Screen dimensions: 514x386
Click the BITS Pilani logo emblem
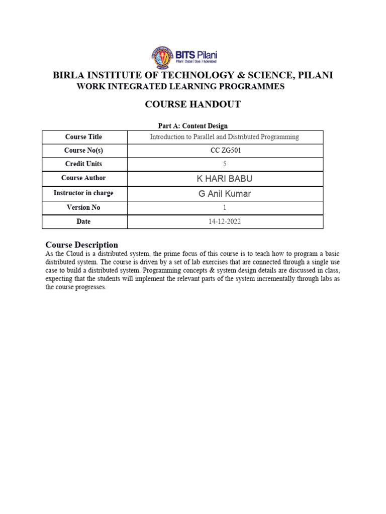pos(162,57)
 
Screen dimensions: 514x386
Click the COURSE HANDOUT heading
pos(193,104)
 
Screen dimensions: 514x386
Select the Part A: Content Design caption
pos(193,126)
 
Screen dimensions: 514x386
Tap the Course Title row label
pos(83,137)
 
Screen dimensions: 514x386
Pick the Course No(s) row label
pos(83,151)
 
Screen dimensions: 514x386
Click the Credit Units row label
pos(83,164)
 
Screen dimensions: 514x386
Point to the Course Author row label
pos(83,178)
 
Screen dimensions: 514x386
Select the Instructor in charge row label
pos(83,193)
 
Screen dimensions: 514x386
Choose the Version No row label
pos(83,207)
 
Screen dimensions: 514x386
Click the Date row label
pos(83,221)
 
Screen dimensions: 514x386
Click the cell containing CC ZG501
pos(225,151)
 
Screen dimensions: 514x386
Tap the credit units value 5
pos(225,164)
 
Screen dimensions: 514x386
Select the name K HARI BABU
pos(225,179)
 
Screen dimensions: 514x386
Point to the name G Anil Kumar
pos(225,194)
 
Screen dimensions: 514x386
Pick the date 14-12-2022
pos(225,221)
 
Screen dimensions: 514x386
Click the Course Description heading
pos(82,245)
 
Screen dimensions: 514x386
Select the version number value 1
pos(225,207)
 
